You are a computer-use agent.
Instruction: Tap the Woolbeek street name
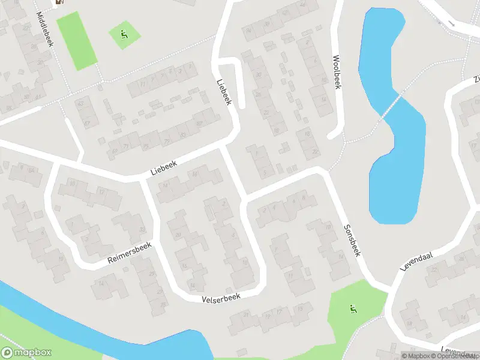point(337,73)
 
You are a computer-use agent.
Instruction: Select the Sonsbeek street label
point(352,241)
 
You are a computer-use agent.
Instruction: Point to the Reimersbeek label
point(130,253)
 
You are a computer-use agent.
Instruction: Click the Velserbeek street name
point(221,297)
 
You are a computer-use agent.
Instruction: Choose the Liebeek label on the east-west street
point(166,167)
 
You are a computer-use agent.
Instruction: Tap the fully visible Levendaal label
point(418,263)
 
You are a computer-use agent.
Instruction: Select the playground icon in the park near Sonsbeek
point(353,310)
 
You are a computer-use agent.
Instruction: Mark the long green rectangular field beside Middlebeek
point(76,40)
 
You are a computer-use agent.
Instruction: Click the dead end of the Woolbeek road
point(332,136)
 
